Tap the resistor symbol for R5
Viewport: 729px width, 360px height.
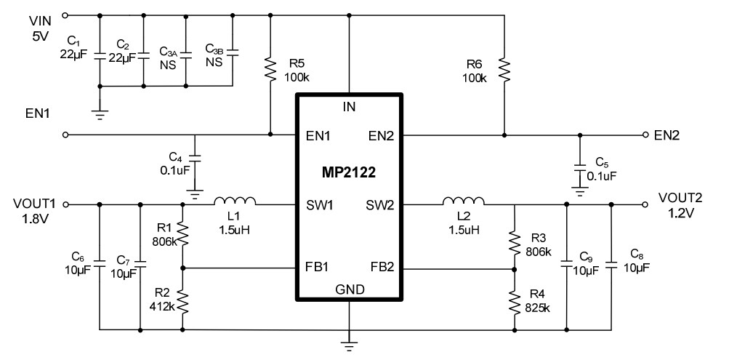pyautogui.click(x=270, y=68)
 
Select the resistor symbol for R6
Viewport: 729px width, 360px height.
pyautogui.click(x=504, y=68)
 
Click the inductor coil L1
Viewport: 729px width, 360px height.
pyautogui.click(x=234, y=201)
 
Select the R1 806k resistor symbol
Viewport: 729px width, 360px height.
pyautogui.click(x=182, y=235)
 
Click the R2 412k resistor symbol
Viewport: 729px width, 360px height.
pyautogui.click(x=182, y=299)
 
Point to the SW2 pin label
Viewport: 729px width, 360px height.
pyautogui.click(x=380, y=206)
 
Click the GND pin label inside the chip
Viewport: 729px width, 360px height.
pyautogui.click(x=350, y=289)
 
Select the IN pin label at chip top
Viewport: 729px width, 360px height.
pyautogui.click(x=350, y=108)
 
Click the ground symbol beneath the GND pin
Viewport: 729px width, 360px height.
pyautogui.click(x=350, y=340)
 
